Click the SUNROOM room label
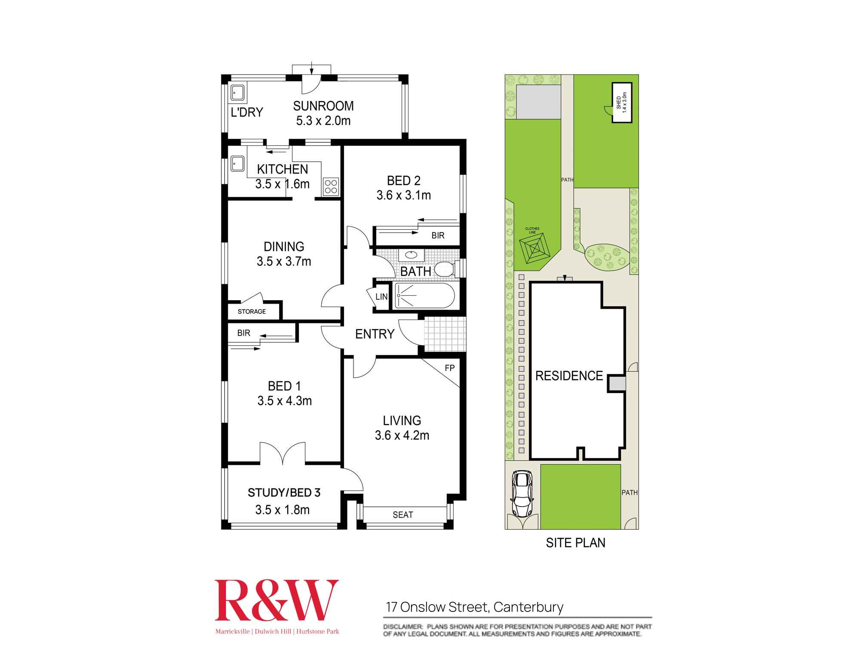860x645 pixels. coord(323,106)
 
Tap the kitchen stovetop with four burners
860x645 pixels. coord(331,187)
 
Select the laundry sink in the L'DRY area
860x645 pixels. coord(237,93)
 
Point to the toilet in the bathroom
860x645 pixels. coord(445,269)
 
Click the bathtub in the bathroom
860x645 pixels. coord(424,295)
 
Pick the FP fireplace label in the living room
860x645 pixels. coord(449,368)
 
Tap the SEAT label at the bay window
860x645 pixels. coord(403,515)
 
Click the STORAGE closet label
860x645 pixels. coord(252,311)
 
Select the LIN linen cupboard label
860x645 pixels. coord(381,297)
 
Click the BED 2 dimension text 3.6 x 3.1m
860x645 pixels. coord(404,195)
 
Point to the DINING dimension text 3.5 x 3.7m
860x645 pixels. coord(284,261)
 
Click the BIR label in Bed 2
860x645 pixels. coord(438,236)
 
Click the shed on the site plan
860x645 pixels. coord(622,103)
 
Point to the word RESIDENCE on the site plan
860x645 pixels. coord(569,376)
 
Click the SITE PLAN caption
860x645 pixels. coord(575,543)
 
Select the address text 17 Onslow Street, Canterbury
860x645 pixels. coord(475,607)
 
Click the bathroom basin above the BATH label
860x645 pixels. coord(411,255)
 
